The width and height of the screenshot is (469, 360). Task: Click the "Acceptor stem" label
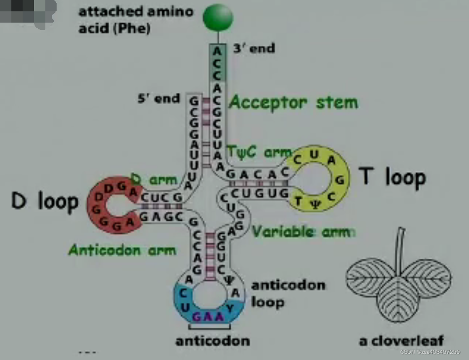pos(293,102)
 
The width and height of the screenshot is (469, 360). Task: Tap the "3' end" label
pos(254,49)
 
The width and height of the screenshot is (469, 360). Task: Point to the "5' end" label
pos(159,98)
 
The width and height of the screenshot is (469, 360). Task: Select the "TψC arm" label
pos(258,152)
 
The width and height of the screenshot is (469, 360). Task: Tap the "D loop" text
pos(44,201)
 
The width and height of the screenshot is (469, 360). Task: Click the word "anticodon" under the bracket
pos(212,340)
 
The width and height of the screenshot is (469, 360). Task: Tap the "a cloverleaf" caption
pos(402,340)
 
